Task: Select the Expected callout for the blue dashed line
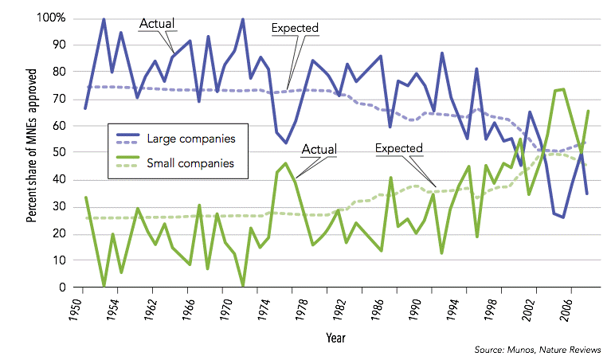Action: (x=295, y=29)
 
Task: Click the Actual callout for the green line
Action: (x=319, y=149)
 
